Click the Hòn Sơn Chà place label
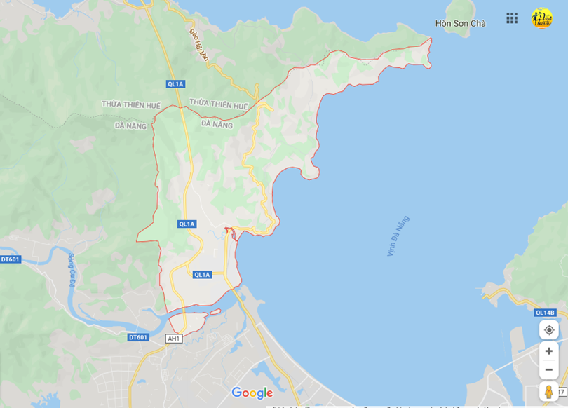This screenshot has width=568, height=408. pyautogui.click(x=460, y=23)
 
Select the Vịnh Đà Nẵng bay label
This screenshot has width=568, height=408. pyautogui.click(x=398, y=236)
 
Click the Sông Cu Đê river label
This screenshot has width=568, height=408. pyautogui.click(x=71, y=270)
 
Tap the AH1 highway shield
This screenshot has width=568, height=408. pyautogui.click(x=173, y=339)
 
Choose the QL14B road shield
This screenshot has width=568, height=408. pyautogui.click(x=545, y=313)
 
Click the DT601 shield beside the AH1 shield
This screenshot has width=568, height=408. pyautogui.click(x=138, y=337)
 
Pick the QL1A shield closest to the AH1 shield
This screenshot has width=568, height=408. pyautogui.click(x=202, y=275)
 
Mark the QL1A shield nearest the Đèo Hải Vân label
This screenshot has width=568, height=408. pyautogui.click(x=175, y=84)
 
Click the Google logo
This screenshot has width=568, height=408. pyautogui.click(x=252, y=393)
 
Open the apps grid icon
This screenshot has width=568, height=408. pyautogui.click(x=512, y=18)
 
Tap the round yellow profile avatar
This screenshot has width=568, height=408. pyautogui.click(x=541, y=18)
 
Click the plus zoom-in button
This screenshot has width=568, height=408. pyautogui.click(x=549, y=351)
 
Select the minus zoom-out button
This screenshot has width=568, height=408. pyautogui.click(x=549, y=369)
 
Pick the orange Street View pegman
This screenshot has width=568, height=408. pyautogui.click(x=549, y=391)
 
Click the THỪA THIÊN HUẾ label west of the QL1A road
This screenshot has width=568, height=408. pyautogui.click(x=131, y=104)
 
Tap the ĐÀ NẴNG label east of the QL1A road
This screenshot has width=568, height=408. pyautogui.click(x=217, y=124)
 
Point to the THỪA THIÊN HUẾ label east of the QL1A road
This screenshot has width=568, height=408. pyautogui.click(x=219, y=105)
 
